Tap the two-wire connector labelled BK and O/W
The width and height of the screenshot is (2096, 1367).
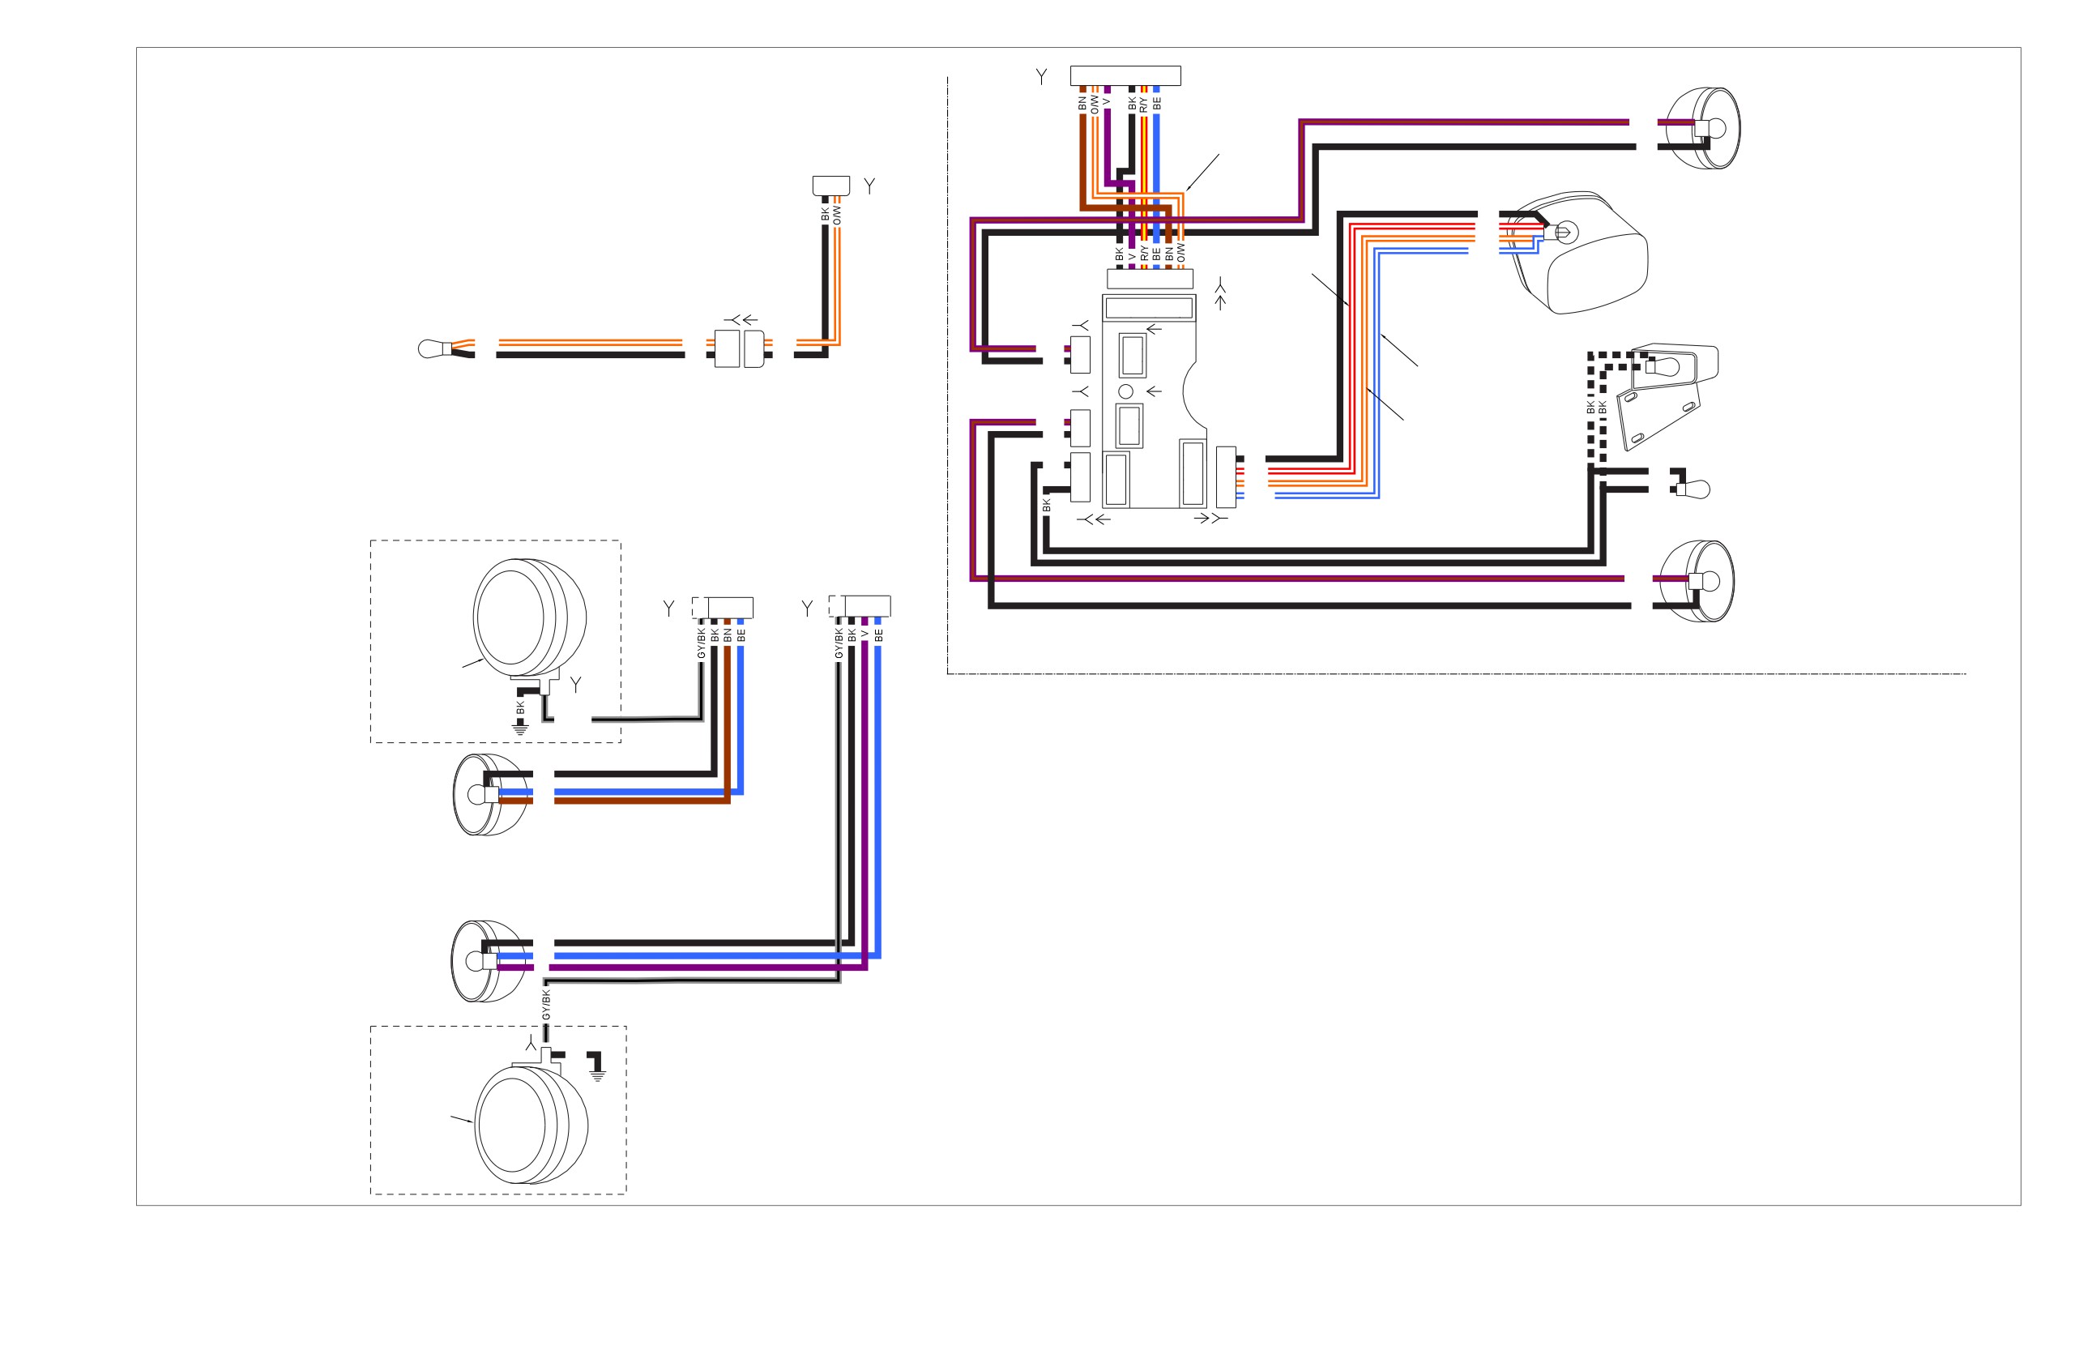830,185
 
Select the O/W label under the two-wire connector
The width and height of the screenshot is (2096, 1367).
838,214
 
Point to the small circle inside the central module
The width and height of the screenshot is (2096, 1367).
1125,391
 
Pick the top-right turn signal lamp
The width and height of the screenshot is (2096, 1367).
1705,128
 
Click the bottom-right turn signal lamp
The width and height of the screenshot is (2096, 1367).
1699,581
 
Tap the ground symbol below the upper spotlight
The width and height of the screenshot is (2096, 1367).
520,728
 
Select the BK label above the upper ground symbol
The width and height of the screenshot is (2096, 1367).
520,707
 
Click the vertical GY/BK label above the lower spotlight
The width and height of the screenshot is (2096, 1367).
546,1005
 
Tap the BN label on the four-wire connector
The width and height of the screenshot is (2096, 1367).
728,634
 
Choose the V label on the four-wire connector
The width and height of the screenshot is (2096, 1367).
865,634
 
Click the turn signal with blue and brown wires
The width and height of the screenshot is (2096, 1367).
490,794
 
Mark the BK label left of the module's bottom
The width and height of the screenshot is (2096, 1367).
1046,505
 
